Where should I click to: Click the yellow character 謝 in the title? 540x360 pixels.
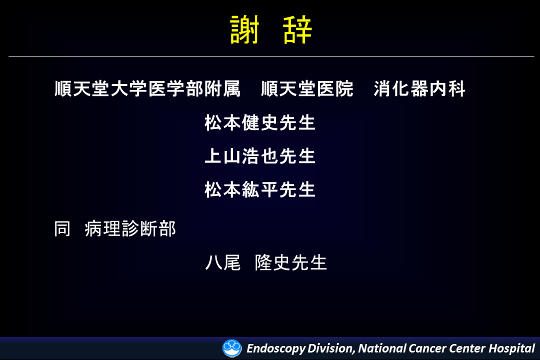coord(244,30)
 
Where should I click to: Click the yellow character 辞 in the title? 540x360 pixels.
coord(297,30)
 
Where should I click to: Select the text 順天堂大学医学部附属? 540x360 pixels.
coord(147,88)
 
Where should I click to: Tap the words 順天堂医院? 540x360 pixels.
coord(307,88)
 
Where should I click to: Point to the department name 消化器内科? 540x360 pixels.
coord(419,88)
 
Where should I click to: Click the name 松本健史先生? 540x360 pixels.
coord(260,122)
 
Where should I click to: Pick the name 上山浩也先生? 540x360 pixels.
coord(260,155)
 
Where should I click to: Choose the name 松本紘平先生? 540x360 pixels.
coord(260,189)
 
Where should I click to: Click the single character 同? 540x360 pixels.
coord(62,228)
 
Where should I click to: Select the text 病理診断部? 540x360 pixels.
coord(130,228)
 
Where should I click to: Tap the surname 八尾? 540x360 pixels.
coord(223,262)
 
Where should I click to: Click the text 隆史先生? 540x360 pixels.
coord(291,262)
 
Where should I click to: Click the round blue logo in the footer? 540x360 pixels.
coord(232,348)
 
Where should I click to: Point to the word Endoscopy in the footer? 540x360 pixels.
coord(276,348)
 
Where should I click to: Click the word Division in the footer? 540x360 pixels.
coord(331,348)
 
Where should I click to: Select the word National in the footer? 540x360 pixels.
coord(382,348)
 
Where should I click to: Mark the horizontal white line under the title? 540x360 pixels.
coord(271,56)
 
